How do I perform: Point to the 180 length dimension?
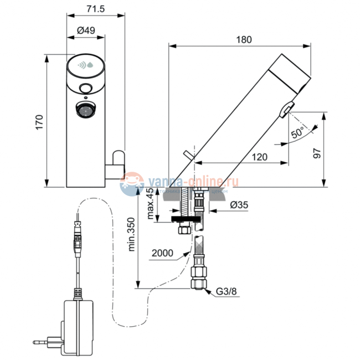(x=244, y=39)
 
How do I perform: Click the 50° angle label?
(x=297, y=132)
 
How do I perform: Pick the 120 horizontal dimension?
(x=259, y=157)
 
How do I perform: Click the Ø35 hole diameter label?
(x=238, y=205)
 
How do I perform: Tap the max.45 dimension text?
(x=150, y=203)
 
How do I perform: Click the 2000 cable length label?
(x=162, y=253)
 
